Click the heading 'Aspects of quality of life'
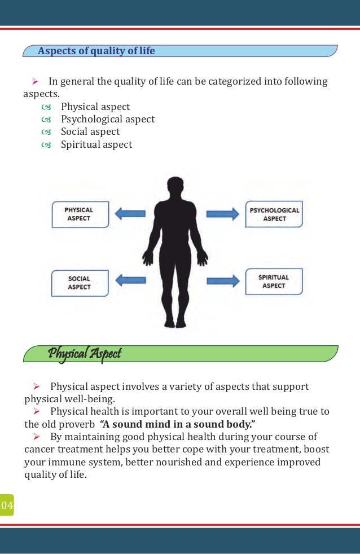[96, 51]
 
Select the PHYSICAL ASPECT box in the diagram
[80, 214]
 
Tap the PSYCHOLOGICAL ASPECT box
[274, 214]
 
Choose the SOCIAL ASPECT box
[79, 283]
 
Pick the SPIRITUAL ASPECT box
[274, 282]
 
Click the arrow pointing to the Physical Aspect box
[130, 214]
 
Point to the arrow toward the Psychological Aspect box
[222, 214]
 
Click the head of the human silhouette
[176, 187]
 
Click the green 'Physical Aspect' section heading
[85, 354]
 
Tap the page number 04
[7, 504]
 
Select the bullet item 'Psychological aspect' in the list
[108, 120]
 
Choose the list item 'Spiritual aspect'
[96, 144]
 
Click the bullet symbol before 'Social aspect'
[46, 132]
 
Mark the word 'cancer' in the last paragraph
[39, 450]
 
